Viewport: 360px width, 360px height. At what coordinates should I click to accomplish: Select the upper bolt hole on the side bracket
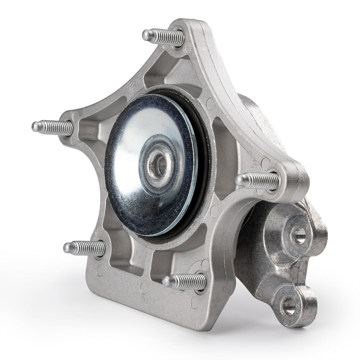[x=299, y=236]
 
